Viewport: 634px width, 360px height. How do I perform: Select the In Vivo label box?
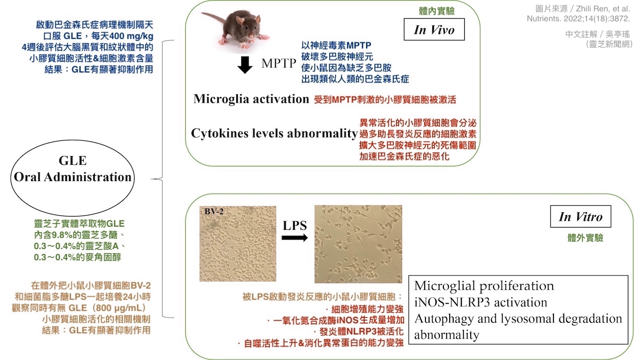click(x=434, y=30)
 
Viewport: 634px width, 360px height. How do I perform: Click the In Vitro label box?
click(x=580, y=217)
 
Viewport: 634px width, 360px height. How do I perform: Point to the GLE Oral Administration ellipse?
click(x=72, y=169)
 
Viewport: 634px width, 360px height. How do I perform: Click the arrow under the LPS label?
click(x=294, y=238)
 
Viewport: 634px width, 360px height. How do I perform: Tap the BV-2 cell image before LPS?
click(x=238, y=243)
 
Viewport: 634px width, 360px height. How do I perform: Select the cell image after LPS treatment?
click(x=358, y=244)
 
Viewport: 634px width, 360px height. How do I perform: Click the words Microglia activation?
click(x=251, y=99)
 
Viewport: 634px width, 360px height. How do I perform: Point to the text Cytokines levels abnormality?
click(x=274, y=133)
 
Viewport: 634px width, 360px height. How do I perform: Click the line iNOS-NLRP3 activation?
click(x=480, y=302)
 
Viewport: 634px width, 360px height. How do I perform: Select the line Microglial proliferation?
click(x=484, y=286)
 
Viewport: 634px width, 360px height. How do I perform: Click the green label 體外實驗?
click(x=585, y=238)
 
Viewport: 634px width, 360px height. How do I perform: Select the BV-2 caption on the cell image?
click(x=214, y=211)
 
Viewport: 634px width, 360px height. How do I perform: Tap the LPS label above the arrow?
click(x=294, y=226)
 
